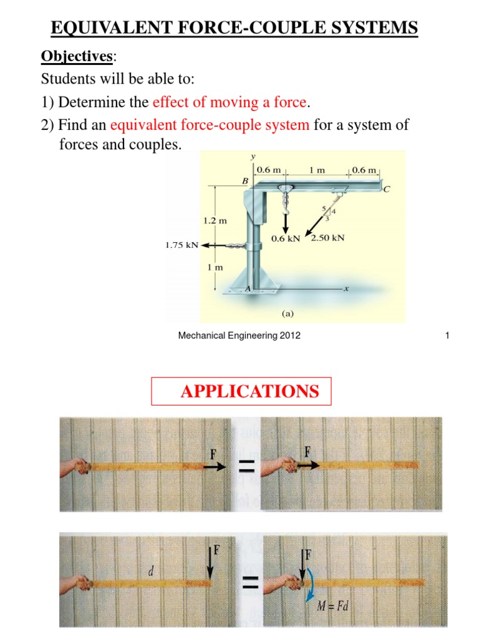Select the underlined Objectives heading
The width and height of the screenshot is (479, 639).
click(x=77, y=57)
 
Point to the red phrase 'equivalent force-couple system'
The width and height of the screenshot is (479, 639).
click(x=210, y=125)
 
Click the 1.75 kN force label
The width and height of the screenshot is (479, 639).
click(x=181, y=245)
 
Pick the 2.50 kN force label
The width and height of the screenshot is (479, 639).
click(x=327, y=238)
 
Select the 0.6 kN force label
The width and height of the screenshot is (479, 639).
click(x=286, y=238)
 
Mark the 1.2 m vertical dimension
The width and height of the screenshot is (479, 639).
click(x=214, y=221)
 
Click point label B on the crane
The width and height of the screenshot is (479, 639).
click(x=244, y=180)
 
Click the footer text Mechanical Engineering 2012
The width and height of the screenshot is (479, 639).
click(x=239, y=336)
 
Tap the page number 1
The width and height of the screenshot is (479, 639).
click(x=447, y=336)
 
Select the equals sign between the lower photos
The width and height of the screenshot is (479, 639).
click(x=249, y=584)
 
